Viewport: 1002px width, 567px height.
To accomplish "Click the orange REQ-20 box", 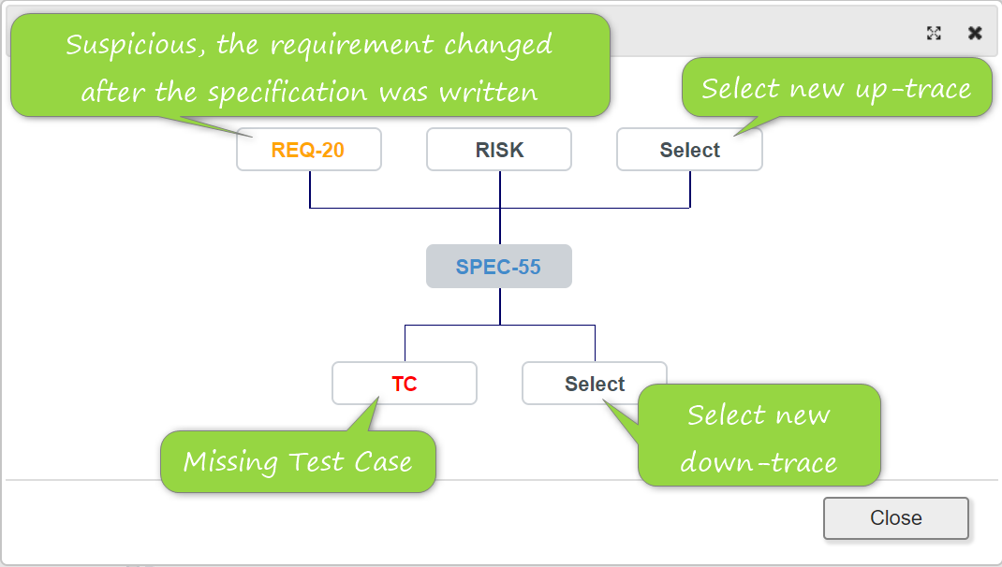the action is pos(309,150).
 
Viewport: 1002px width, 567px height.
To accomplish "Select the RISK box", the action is pos(499,150).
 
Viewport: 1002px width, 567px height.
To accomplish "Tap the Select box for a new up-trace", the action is pos(689,150).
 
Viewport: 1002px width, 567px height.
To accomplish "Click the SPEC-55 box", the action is pos(499,267).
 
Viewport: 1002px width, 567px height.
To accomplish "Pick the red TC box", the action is pos(405,383).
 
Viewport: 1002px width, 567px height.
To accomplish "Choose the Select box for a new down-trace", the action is pos(595,383).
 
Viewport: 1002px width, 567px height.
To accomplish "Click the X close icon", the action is pos(975,33).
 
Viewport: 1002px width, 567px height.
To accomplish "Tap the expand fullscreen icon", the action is pos(934,33).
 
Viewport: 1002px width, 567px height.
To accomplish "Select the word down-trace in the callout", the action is pos(759,462).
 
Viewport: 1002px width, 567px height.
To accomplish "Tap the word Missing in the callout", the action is pos(230,461).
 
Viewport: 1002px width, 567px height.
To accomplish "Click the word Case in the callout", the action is pos(383,461).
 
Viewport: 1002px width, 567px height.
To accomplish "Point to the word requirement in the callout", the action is pos(352,46).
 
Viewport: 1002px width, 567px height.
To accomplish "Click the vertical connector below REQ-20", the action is pos(310,190).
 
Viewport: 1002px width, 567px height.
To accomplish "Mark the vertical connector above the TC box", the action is pos(405,343).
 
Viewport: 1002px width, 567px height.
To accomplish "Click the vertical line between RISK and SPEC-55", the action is pos(500,208).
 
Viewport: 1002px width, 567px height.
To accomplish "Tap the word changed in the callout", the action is pos(498,46).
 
